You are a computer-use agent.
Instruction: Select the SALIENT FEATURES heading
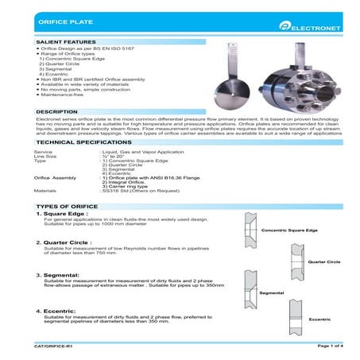pos(67,41)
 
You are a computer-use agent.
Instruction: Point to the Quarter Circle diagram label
pos(323,261)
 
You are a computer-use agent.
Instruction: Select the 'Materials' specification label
pos(45,191)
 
